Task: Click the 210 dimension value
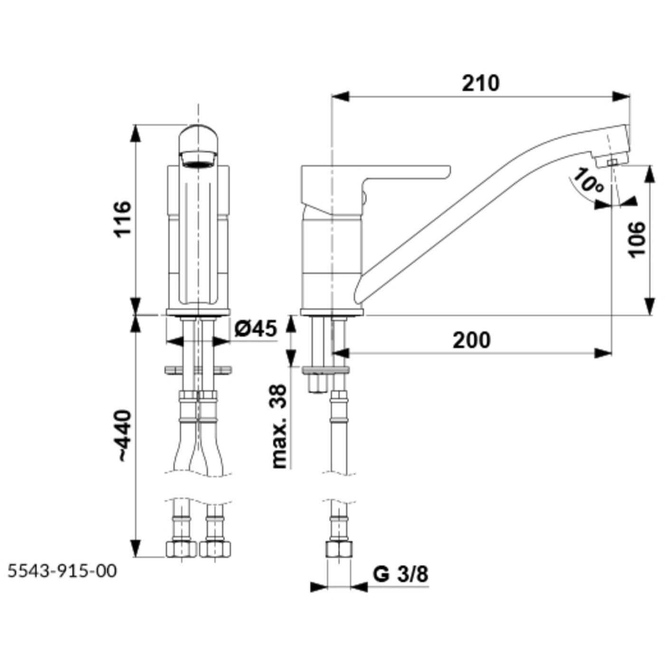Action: point(480,83)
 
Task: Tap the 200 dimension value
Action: point(471,340)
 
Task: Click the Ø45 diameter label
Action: point(256,328)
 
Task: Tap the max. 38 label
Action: point(279,426)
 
